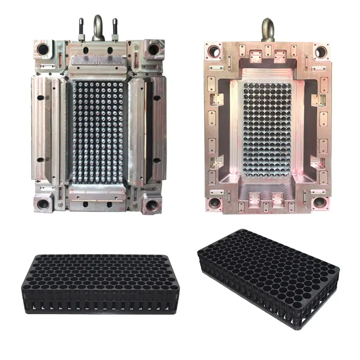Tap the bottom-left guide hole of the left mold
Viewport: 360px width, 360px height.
click(x=44, y=203)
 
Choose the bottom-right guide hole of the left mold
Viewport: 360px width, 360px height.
click(x=150, y=205)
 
